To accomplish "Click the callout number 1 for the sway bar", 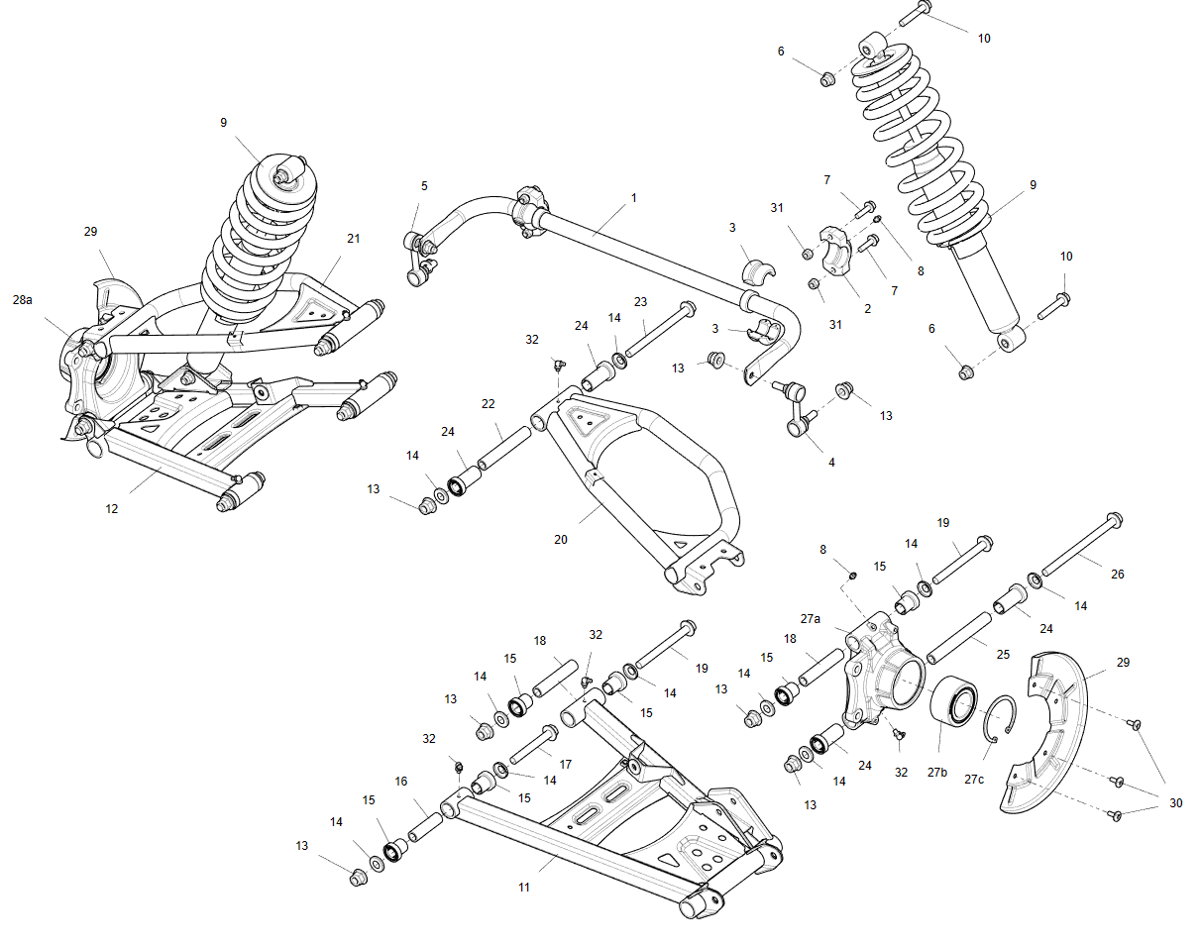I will tap(634, 198).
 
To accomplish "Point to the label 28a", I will tap(22, 299).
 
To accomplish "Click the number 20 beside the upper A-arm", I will tap(561, 540).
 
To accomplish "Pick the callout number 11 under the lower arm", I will tap(523, 887).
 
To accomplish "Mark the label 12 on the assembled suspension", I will tap(112, 508).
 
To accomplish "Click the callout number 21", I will tap(354, 239).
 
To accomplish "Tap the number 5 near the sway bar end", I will tap(424, 185).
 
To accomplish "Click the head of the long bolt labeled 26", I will tap(1113, 520).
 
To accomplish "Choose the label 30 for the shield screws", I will tap(1175, 803).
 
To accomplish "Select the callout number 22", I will tap(488, 404).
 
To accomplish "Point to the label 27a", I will tap(811, 618).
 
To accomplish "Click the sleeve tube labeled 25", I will tap(959, 637).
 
